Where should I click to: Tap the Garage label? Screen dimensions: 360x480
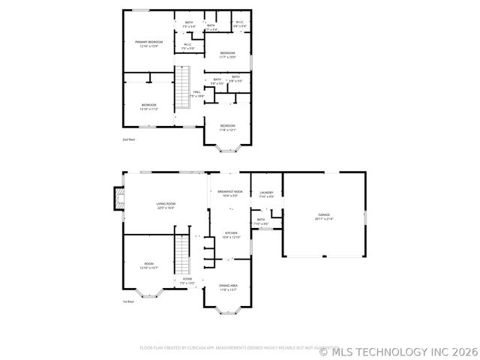click(x=323, y=216)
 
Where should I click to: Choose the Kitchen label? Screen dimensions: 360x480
click(x=231, y=235)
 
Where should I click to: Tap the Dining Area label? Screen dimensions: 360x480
click(x=228, y=287)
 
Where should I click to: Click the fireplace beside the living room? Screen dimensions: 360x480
click(x=117, y=198)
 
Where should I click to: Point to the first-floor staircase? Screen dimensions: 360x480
click(x=182, y=255)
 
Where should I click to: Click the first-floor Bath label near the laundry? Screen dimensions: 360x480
click(x=261, y=222)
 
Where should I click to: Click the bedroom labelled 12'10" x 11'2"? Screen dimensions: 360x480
click(x=148, y=107)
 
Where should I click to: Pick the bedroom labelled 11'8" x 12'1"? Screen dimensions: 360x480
click(x=227, y=127)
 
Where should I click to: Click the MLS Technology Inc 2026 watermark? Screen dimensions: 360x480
click(x=399, y=349)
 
